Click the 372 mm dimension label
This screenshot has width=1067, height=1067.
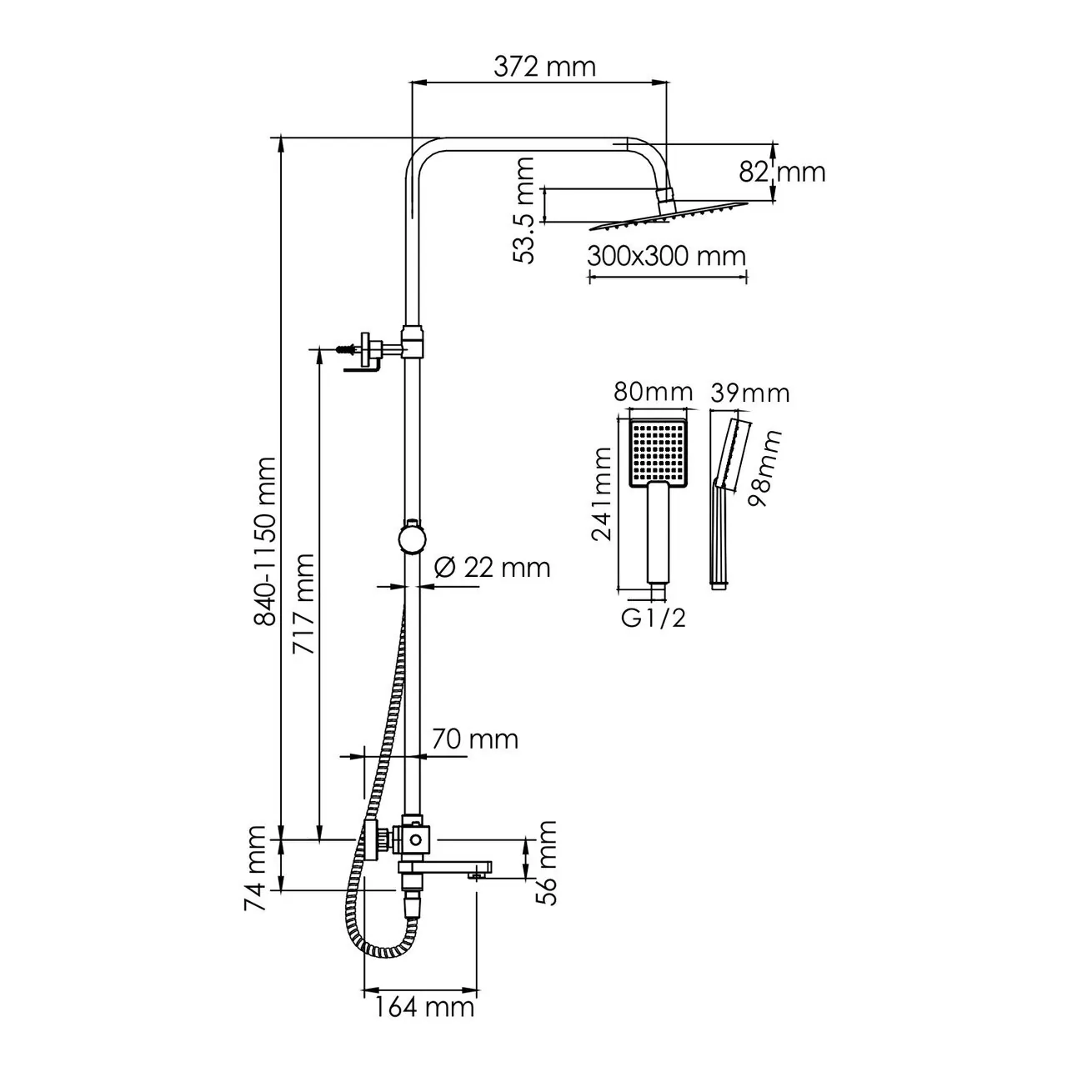pyautogui.click(x=544, y=66)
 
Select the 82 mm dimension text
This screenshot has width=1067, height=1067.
pyautogui.click(x=782, y=172)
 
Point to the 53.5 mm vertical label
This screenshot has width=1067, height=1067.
pyautogui.click(x=523, y=211)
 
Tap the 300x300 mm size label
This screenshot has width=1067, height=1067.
pyautogui.click(x=666, y=255)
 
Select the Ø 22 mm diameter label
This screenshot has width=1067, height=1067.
pyautogui.click(x=493, y=567)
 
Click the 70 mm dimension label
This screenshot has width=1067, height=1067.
pyautogui.click(x=475, y=739)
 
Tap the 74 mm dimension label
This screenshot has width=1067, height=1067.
pyautogui.click(x=258, y=868)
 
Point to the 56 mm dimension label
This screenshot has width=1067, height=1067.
pyautogui.click(x=546, y=862)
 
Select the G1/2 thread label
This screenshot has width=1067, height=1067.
pyautogui.click(x=654, y=618)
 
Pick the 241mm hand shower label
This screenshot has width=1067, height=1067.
pyautogui.click(x=602, y=494)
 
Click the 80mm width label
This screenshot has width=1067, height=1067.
pyautogui.click(x=653, y=392)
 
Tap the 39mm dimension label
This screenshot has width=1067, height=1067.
pyautogui.click(x=749, y=392)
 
